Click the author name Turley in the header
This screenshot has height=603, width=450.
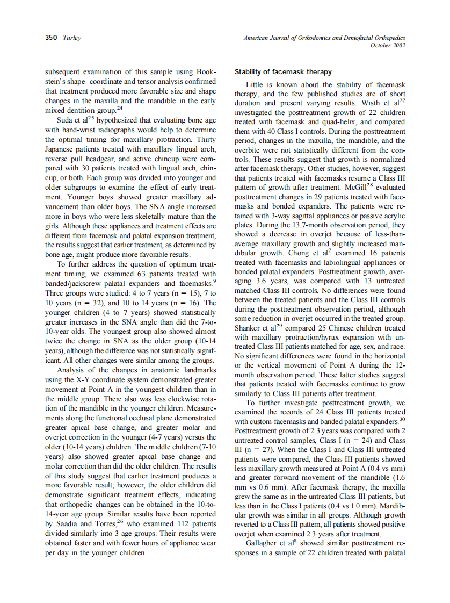pyautogui.click(x=71, y=38)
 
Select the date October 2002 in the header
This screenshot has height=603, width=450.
pyautogui.click(x=388, y=45)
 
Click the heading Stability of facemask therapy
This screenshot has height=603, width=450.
pyautogui.click(x=283, y=72)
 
